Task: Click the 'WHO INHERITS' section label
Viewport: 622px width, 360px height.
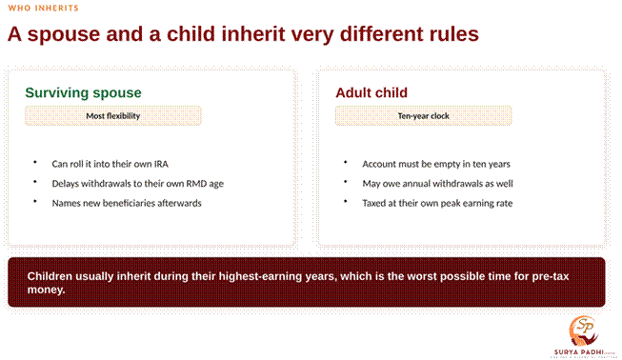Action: (x=43, y=8)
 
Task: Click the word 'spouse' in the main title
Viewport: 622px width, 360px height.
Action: (x=64, y=35)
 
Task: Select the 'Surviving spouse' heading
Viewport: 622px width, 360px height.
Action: (x=83, y=92)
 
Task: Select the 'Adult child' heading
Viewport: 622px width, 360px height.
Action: (x=371, y=92)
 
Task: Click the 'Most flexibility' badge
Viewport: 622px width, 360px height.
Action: (x=113, y=116)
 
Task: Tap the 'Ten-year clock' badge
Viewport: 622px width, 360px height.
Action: (x=423, y=116)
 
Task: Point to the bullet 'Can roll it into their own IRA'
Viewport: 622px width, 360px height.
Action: (x=110, y=164)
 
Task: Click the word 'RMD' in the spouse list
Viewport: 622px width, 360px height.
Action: (x=196, y=183)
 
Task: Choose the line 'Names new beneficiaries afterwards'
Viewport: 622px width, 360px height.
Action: (x=127, y=203)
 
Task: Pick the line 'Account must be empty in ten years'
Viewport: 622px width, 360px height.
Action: (x=436, y=164)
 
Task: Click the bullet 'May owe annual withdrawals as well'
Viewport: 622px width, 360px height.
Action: (x=437, y=183)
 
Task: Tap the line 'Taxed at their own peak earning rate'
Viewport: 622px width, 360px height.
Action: (x=437, y=203)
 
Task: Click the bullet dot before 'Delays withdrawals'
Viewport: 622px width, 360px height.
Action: (x=35, y=182)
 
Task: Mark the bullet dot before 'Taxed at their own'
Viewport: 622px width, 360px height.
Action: (x=346, y=201)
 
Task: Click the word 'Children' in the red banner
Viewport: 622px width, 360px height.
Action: (x=50, y=276)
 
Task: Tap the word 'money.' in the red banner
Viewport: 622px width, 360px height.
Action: (x=46, y=290)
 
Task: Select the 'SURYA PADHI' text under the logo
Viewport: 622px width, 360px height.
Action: (x=578, y=352)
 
